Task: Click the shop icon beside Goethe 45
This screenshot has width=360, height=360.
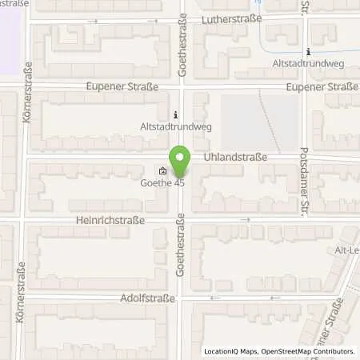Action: pyautogui.click(x=163, y=170)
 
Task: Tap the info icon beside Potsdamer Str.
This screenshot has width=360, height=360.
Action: pyautogui.click(x=309, y=52)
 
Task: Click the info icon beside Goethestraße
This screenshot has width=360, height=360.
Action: pyautogui.click(x=176, y=114)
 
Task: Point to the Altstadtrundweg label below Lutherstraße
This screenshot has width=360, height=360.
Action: pyautogui.click(x=307, y=63)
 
